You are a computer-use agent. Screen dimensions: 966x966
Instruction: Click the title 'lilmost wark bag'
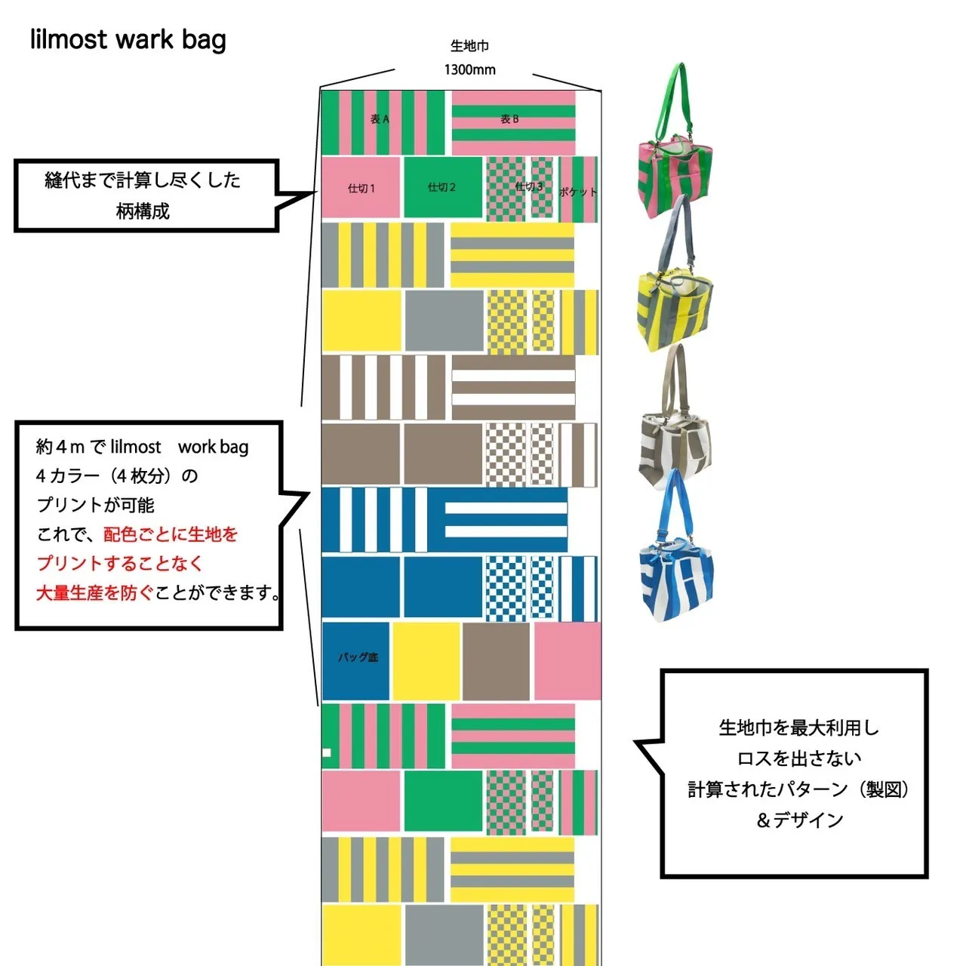coord(128,39)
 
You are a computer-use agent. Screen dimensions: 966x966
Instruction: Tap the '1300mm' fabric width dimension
coord(469,69)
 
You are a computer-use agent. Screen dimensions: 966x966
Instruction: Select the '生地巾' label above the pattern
coord(469,45)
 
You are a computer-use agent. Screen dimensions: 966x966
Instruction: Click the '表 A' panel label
coord(380,118)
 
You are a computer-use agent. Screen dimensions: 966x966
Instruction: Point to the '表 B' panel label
coord(509,118)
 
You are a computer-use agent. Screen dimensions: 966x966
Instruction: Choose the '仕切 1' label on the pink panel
coord(361,189)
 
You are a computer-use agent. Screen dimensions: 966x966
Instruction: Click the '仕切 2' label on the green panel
coord(441,187)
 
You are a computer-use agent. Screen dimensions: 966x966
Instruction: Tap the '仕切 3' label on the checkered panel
coord(529,186)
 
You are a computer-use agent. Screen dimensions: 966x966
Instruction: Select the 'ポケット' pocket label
coord(578,192)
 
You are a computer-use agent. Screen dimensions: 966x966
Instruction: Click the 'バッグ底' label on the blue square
coord(358,657)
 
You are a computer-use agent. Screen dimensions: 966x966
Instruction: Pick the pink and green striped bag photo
coord(675,141)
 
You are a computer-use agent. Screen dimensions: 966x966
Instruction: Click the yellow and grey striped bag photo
coord(675,273)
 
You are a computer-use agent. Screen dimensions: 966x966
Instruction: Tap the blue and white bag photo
coord(676,546)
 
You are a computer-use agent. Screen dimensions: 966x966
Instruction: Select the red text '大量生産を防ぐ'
coord(95,592)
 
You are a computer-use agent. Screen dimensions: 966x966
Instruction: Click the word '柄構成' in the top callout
coord(143,211)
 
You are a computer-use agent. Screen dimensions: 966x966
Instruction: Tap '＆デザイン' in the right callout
coord(799,820)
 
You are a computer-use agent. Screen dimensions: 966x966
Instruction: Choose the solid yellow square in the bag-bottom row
coord(426,660)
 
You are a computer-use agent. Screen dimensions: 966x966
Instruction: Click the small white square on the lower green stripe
coord(327,752)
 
